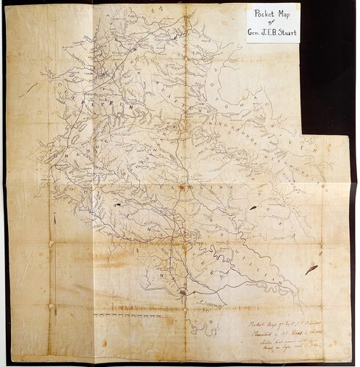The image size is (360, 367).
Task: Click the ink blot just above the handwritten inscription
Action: point(311,269)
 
